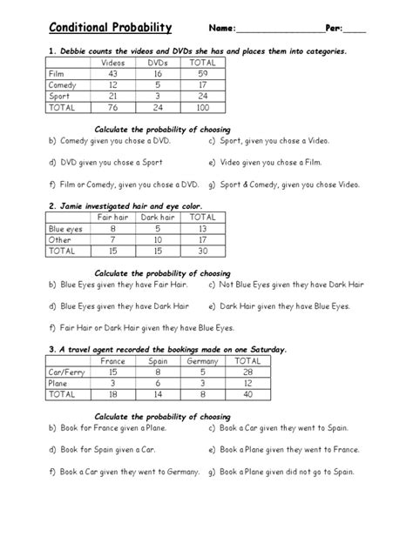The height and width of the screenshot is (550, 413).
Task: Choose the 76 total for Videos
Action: (113, 109)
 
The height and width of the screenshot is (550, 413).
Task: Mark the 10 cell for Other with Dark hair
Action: (159, 238)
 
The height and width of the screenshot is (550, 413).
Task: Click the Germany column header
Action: (203, 360)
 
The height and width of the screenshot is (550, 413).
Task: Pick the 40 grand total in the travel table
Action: (248, 393)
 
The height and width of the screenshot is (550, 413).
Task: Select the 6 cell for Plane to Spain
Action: (158, 382)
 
